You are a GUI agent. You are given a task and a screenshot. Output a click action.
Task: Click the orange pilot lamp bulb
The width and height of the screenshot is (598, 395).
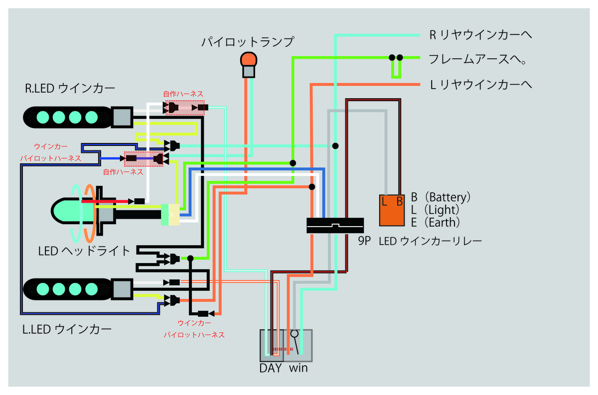click(249, 59)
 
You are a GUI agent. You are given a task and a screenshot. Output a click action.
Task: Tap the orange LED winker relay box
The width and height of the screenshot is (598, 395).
click(392, 210)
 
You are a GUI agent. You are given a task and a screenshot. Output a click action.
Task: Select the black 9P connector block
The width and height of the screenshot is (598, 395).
click(335, 226)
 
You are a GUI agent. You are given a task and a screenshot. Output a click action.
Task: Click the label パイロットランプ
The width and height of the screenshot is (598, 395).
click(248, 42)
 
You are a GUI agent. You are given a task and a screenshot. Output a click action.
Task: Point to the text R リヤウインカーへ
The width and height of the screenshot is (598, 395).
click(480, 35)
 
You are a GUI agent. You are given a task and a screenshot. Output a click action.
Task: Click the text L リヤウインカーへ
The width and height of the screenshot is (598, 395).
click(481, 85)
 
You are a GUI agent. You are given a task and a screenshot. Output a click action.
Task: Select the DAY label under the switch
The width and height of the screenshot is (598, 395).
click(271, 368)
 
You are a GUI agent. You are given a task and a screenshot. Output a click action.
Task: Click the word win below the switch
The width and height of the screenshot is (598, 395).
click(298, 368)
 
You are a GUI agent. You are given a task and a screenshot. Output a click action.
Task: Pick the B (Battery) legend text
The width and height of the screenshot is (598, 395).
click(441, 197)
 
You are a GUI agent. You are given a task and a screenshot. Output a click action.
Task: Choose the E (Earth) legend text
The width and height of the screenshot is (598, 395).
click(435, 222)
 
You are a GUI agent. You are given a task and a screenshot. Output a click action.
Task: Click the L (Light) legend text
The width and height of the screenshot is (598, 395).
click(435, 210)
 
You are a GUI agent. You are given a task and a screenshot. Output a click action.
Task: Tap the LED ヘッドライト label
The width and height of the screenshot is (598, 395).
click(84, 251)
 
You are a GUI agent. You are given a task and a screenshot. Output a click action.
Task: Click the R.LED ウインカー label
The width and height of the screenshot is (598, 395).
click(70, 88)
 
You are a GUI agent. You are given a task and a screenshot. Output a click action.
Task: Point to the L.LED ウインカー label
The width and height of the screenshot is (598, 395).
click(67, 330)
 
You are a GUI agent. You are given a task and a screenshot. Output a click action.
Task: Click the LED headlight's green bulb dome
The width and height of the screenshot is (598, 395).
click(67, 211)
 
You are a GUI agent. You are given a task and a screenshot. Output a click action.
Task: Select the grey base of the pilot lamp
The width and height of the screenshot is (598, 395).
click(249, 72)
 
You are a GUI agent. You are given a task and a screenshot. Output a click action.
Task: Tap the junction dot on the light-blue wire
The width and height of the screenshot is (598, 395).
click(335, 146)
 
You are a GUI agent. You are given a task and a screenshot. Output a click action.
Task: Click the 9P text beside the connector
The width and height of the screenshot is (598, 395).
click(364, 241)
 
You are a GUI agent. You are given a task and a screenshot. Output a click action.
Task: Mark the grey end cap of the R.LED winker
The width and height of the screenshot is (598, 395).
click(122, 117)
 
